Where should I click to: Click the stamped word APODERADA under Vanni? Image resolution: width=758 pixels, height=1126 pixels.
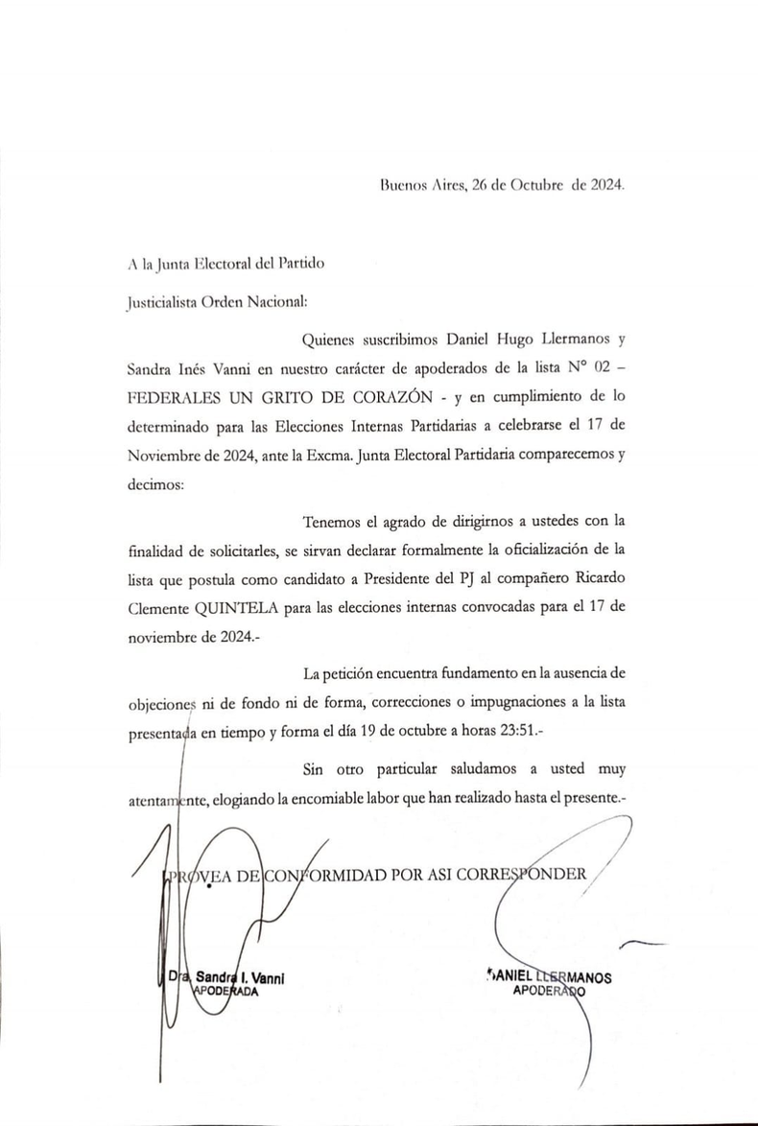226,992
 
